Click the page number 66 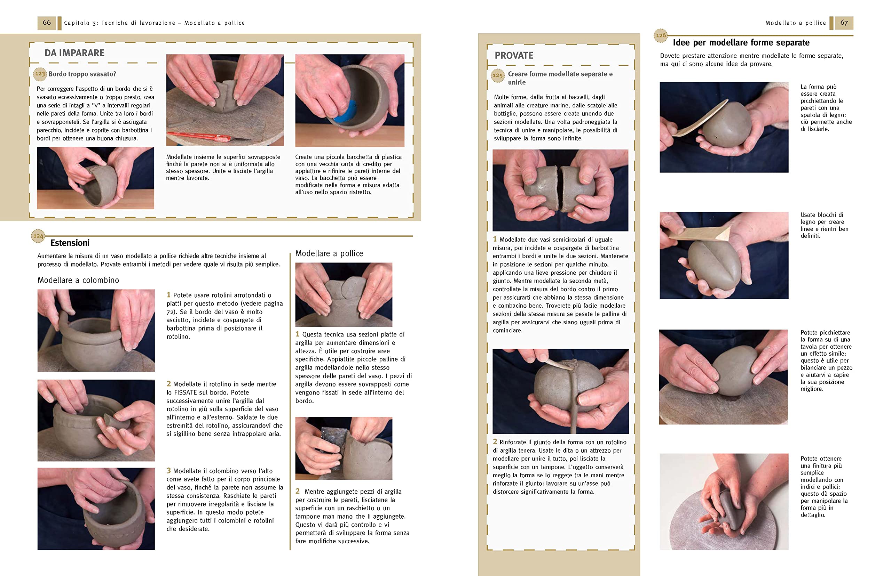coord(46,23)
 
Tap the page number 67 coord(844,23)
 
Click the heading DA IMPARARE coord(74,53)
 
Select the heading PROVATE coord(514,55)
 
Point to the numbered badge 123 coord(40,74)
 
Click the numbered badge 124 coord(38,236)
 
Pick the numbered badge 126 coord(661,35)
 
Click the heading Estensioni coord(70,243)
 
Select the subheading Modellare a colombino coord(78,280)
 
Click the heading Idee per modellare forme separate coord(741,42)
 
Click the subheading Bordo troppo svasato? coord(82,74)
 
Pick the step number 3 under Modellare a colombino coord(168,471)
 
